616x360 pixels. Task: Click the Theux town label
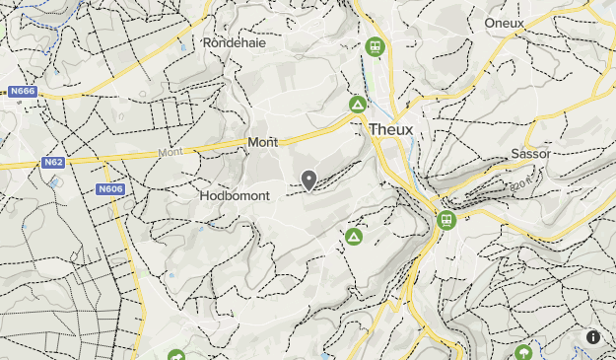pyautogui.click(x=391, y=129)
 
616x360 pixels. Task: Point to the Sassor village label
pyautogui.click(x=530, y=154)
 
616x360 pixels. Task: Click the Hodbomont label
pyautogui.click(x=234, y=195)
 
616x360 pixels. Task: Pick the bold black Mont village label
pyautogui.click(x=263, y=142)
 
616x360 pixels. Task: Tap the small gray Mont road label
pyautogui.click(x=171, y=153)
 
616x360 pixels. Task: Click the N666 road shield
pyautogui.click(x=22, y=92)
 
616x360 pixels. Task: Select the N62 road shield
pyautogui.click(x=53, y=162)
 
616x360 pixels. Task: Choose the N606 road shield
pyautogui.click(x=109, y=188)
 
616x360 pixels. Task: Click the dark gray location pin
pyautogui.click(x=308, y=180)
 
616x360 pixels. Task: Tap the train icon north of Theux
pyautogui.click(x=374, y=46)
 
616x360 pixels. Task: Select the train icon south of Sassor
pyautogui.click(x=446, y=220)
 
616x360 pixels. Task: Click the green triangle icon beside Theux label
pyautogui.click(x=358, y=104)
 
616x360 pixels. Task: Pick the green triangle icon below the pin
pyautogui.click(x=353, y=237)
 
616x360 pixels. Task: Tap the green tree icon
pyautogui.click(x=523, y=352)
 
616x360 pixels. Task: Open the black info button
pyautogui.click(x=593, y=336)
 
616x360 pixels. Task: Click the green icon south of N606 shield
pyautogui.click(x=176, y=355)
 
